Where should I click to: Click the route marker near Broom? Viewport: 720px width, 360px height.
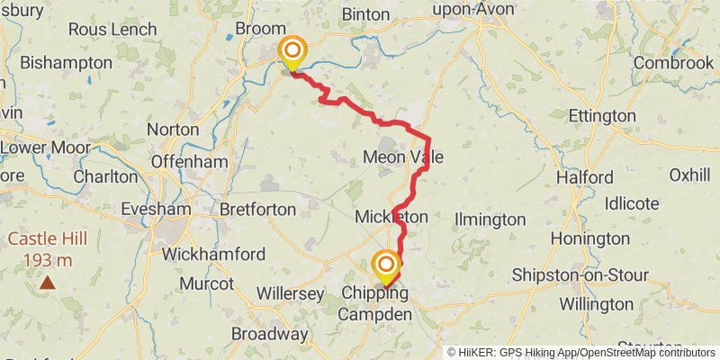(x=292, y=52)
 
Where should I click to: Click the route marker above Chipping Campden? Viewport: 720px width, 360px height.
(x=386, y=265)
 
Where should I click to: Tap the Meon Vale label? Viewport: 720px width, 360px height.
(x=402, y=157)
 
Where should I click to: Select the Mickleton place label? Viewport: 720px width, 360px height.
(x=391, y=218)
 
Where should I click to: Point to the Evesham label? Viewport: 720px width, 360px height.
(x=155, y=209)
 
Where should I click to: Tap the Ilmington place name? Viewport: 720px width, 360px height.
(x=490, y=219)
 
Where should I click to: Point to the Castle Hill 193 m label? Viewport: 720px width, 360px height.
(x=40, y=249)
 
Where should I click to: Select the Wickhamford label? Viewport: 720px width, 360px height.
(x=213, y=254)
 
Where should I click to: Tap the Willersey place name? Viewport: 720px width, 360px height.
(x=290, y=293)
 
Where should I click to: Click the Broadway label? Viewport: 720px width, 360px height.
(x=269, y=334)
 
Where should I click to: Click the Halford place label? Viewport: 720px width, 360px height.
(x=584, y=177)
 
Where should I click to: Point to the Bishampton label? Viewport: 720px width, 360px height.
(x=66, y=63)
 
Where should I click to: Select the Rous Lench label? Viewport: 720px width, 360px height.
(x=112, y=29)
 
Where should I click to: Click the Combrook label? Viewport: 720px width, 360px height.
(x=673, y=63)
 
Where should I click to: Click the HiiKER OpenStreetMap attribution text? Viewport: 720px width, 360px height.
(x=581, y=352)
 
